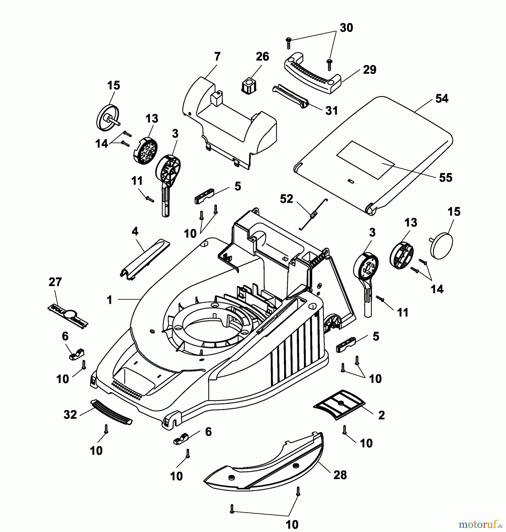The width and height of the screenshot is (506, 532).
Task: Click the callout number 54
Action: point(442,99)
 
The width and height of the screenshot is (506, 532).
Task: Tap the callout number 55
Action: point(446,178)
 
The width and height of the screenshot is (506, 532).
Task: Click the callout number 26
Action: point(262,56)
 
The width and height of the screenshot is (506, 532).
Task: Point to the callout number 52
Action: point(286,199)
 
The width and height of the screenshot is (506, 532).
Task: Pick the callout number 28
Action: point(340,475)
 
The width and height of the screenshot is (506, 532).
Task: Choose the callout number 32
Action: point(70,415)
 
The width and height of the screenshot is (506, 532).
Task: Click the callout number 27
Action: point(55,282)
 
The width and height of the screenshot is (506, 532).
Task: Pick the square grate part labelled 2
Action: point(339,404)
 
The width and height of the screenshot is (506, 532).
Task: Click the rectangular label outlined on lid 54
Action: point(366,160)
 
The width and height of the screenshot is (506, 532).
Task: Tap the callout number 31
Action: point(331,111)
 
